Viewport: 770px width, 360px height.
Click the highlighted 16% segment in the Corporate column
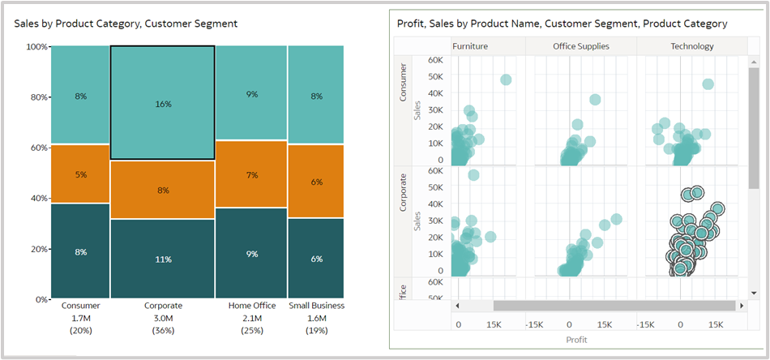(x=162, y=103)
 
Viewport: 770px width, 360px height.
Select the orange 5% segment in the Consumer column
(x=80, y=174)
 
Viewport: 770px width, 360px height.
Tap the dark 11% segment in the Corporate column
(x=162, y=259)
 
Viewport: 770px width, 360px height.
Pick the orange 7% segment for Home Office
(x=251, y=175)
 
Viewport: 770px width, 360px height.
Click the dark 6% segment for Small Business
(x=316, y=259)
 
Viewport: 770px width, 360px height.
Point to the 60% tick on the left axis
(x=37, y=148)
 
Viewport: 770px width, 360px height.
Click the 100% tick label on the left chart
(x=36, y=47)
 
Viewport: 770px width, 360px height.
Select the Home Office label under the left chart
(x=251, y=306)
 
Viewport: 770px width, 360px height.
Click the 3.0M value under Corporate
(x=162, y=319)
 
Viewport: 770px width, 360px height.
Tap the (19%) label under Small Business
(x=316, y=331)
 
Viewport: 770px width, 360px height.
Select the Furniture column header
(x=470, y=46)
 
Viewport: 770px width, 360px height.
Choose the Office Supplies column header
(x=580, y=46)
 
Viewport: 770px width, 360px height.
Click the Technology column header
(x=691, y=46)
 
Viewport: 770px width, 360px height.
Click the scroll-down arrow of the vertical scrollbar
(x=754, y=292)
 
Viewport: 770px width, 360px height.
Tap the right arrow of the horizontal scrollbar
(x=741, y=306)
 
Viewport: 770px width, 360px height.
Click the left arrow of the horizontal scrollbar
(x=457, y=306)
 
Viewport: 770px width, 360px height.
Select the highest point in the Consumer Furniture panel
(x=506, y=79)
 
